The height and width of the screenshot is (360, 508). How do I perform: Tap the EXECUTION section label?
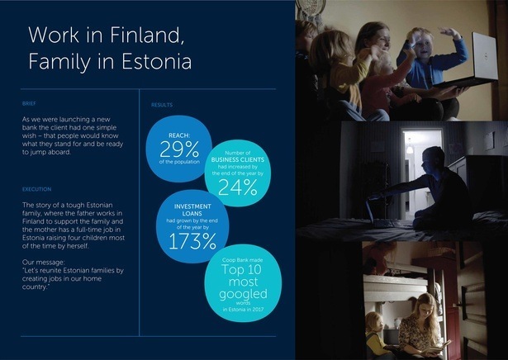(x=38, y=189)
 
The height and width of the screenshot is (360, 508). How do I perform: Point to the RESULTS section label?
(x=161, y=105)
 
